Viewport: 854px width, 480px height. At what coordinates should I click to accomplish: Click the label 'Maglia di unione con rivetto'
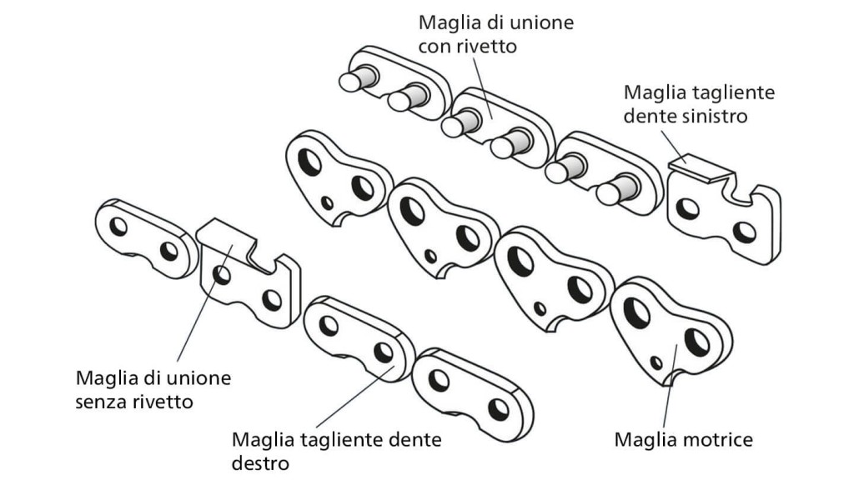[x=495, y=32]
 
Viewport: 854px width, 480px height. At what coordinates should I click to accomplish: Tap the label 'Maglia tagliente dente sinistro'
[x=699, y=103]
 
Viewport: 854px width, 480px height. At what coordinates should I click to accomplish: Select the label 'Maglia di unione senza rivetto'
[x=153, y=390]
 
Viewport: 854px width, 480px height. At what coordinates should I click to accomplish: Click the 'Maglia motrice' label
[x=683, y=438]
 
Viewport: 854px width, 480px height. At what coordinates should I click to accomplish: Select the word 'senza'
[x=101, y=402]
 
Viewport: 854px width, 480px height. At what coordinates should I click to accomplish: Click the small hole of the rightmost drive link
[x=656, y=362]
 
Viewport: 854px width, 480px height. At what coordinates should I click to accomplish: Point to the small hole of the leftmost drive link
[x=328, y=202]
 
